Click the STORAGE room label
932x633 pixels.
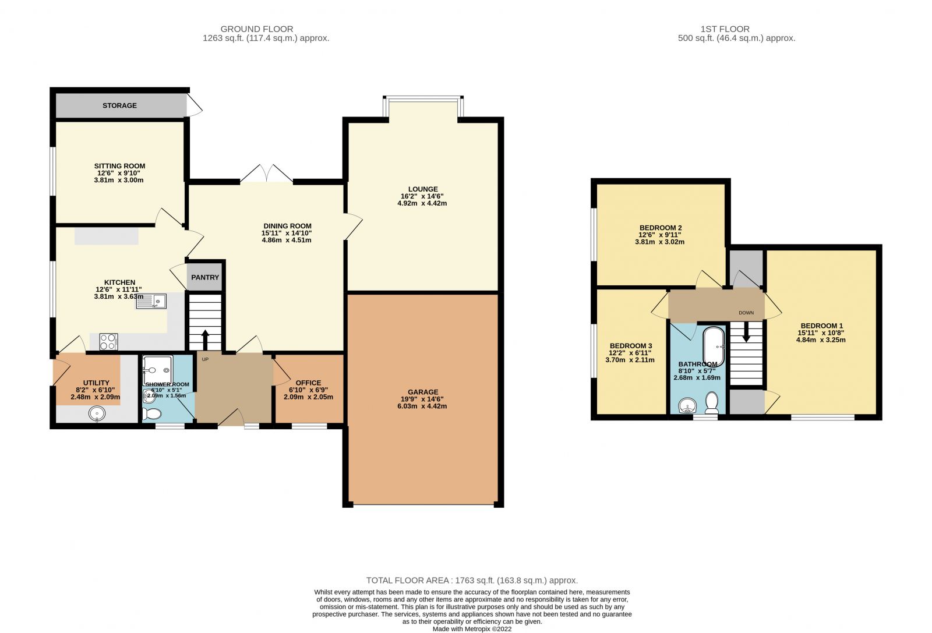(119, 105)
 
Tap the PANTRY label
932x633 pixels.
(205, 277)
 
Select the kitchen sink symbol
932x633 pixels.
(151, 301)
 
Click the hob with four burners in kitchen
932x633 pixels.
(108, 342)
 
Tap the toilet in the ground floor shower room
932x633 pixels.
(152, 413)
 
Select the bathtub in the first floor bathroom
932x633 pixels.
(714, 348)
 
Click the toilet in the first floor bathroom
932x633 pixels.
(711, 402)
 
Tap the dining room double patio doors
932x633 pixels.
(267, 174)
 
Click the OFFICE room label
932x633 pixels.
(308, 383)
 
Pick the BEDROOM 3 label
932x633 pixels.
(630, 346)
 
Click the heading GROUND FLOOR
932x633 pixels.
(257, 29)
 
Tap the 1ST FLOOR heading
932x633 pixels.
(725, 29)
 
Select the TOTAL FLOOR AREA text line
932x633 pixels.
(472, 580)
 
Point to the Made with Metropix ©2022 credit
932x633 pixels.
(472, 628)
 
